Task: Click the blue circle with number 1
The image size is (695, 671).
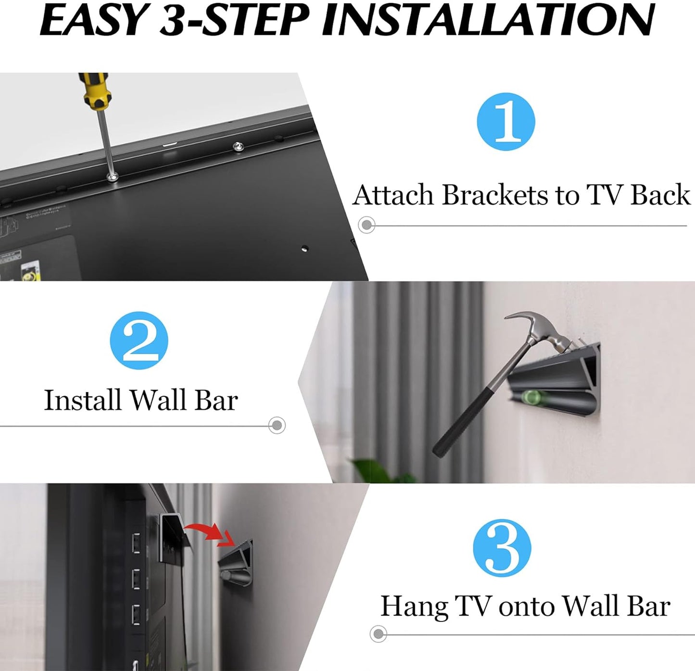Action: coord(505,122)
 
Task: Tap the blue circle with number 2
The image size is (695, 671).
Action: coord(139,341)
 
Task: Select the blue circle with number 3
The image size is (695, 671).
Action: coord(502,548)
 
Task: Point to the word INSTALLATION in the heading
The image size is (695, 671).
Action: coord(488,21)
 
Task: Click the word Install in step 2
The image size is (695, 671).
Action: coord(82,400)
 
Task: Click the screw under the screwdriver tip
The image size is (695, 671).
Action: coord(114,177)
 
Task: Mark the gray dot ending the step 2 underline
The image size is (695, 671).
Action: coord(277,425)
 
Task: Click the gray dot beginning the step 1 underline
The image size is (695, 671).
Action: coord(367,225)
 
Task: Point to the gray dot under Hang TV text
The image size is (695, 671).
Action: coord(379,633)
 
